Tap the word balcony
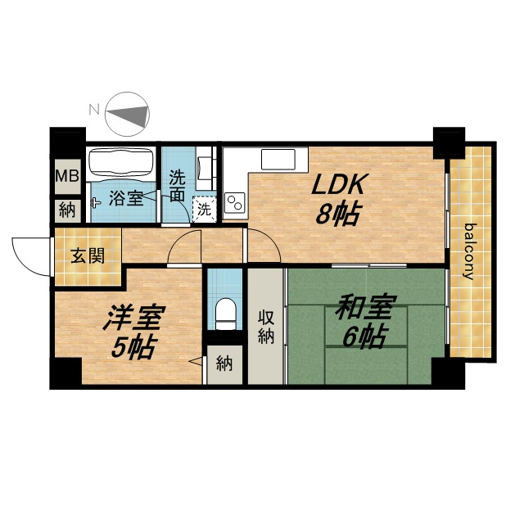(x=469, y=251)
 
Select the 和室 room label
(x=366, y=306)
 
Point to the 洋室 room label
(x=134, y=317)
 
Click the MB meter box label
(x=67, y=176)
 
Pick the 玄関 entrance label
(x=88, y=256)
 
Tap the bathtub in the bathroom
(x=121, y=162)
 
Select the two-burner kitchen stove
(x=235, y=203)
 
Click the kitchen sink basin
(x=278, y=160)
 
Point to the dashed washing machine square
(x=205, y=210)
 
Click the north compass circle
(x=127, y=115)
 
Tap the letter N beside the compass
(x=95, y=109)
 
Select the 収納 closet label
(x=266, y=327)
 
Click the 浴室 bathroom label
(x=126, y=198)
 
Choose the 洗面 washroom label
(x=177, y=186)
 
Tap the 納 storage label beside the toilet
(x=224, y=364)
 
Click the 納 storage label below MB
(x=67, y=210)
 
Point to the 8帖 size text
(x=338, y=214)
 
